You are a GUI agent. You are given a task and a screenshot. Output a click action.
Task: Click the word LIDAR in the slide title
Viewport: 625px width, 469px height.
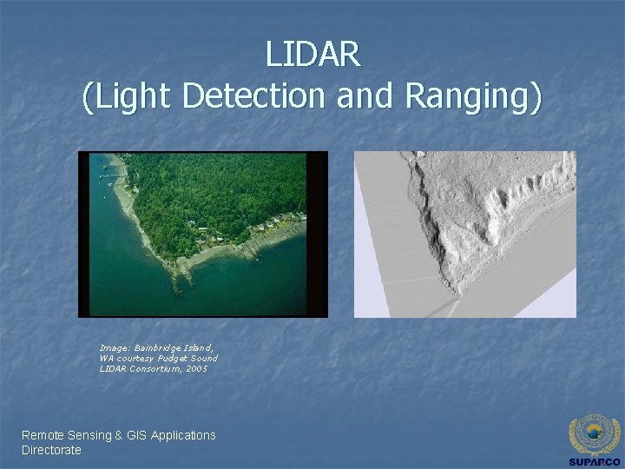pos(312,54)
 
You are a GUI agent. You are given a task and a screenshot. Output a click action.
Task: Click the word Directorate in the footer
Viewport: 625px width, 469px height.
pos(51,450)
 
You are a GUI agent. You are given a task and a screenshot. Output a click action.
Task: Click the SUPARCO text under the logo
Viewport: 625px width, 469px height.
pos(595,461)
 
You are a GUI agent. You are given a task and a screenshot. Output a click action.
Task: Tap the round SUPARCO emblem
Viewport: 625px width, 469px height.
pos(595,433)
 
